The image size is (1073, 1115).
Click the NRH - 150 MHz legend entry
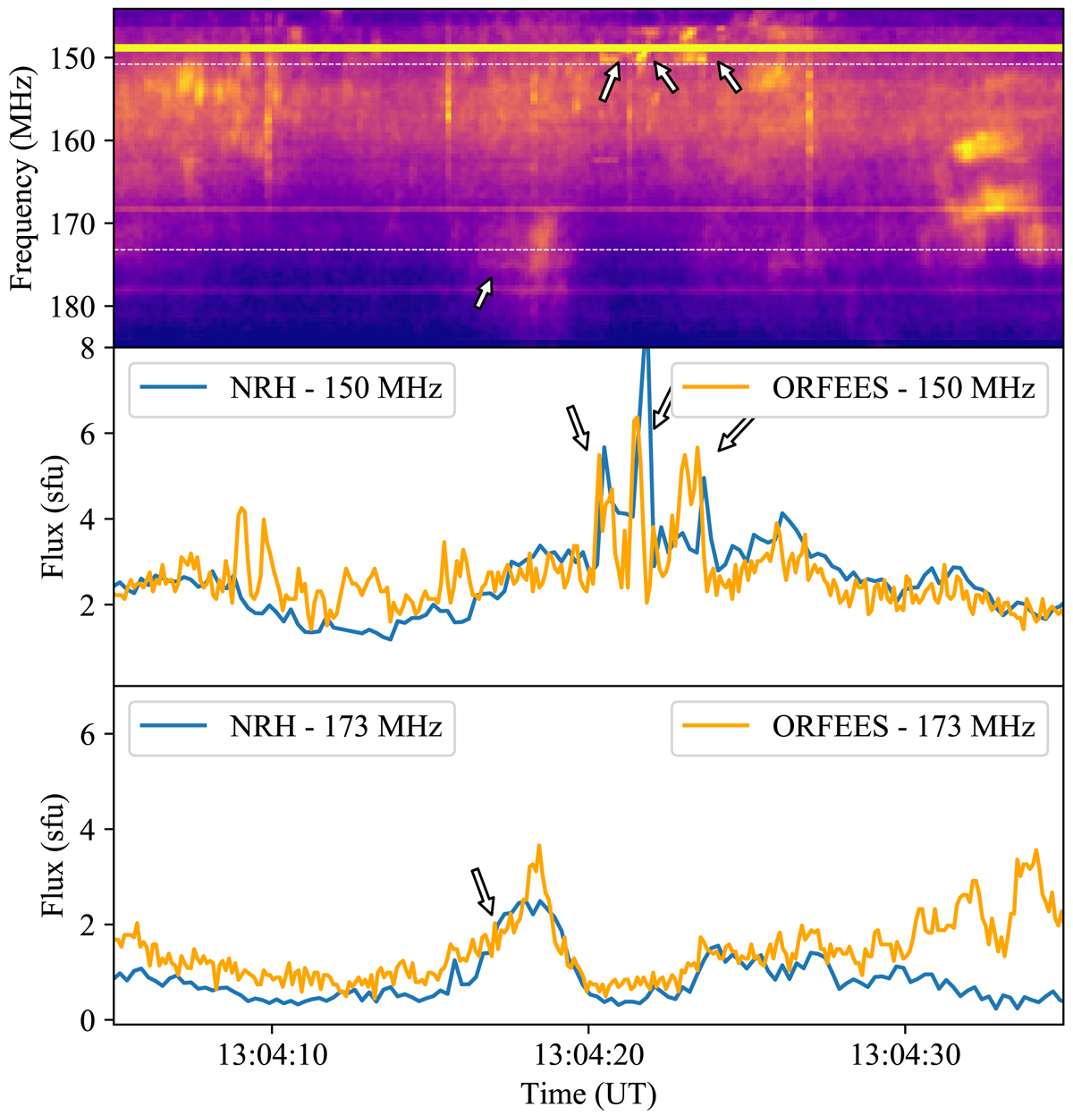click(291, 389)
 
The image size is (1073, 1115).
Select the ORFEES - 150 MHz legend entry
click(858, 389)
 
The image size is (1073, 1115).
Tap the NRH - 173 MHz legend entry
click(291, 726)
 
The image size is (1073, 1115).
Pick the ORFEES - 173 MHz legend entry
click(858, 726)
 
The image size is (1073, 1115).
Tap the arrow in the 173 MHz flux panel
click(483, 891)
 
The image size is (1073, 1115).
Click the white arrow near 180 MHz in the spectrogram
click(484, 292)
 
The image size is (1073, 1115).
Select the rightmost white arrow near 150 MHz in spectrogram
click(730, 77)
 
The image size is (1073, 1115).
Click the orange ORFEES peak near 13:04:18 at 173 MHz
click(538, 846)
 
